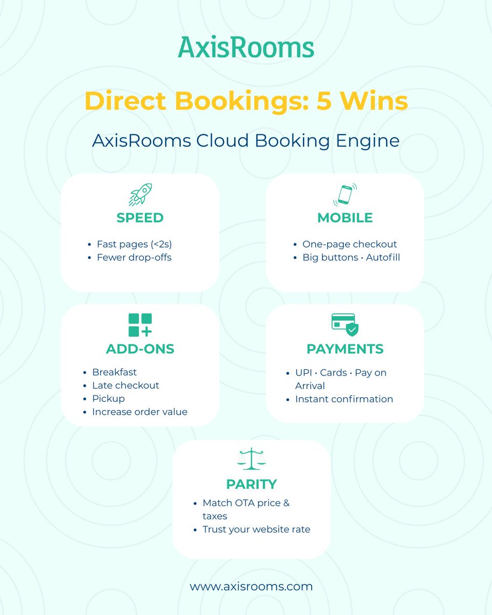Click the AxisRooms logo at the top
click(246, 47)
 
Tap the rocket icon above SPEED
click(140, 194)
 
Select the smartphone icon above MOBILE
click(345, 195)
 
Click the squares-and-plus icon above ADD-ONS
click(140, 325)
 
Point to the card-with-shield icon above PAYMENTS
click(345, 325)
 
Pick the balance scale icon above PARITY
click(252, 459)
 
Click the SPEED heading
click(140, 218)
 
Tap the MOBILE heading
click(345, 218)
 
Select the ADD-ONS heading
click(140, 349)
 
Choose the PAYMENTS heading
click(345, 349)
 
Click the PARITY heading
click(251, 484)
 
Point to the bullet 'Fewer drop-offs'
click(134, 257)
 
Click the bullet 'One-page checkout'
click(350, 244)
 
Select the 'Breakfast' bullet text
click(114, 372)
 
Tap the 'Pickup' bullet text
click(108, 398)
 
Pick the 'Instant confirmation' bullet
click(344, 399)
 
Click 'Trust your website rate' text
click(256, 529)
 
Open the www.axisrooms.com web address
click(251, 586)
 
